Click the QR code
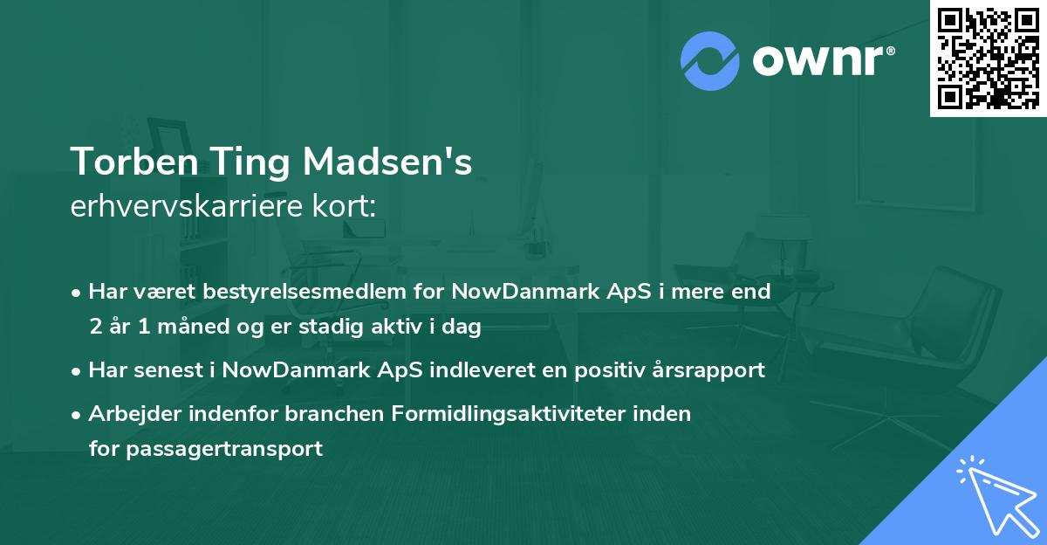(x=988, y=58)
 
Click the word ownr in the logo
(x=822, y=61)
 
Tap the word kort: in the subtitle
(x=346, y=207)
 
